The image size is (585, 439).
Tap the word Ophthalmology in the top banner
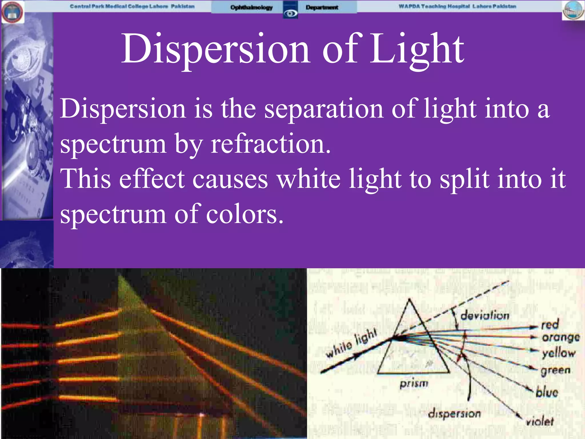tap(251, 7)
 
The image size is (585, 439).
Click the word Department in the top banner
tap(322, 7)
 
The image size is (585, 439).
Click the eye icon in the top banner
tap(290, 13)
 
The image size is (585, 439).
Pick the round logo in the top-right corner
tap(573, 10)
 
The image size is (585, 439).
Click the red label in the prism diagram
tap(550, 325)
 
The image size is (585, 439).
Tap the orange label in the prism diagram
tap(561, 338)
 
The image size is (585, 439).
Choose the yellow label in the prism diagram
tap(559, 353)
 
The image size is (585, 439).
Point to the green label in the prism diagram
tap(556, 370)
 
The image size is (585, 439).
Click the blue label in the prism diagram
tap(547, 392)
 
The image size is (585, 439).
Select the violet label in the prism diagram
tap(540, 421)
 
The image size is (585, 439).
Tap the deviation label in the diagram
tap(485, 316)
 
